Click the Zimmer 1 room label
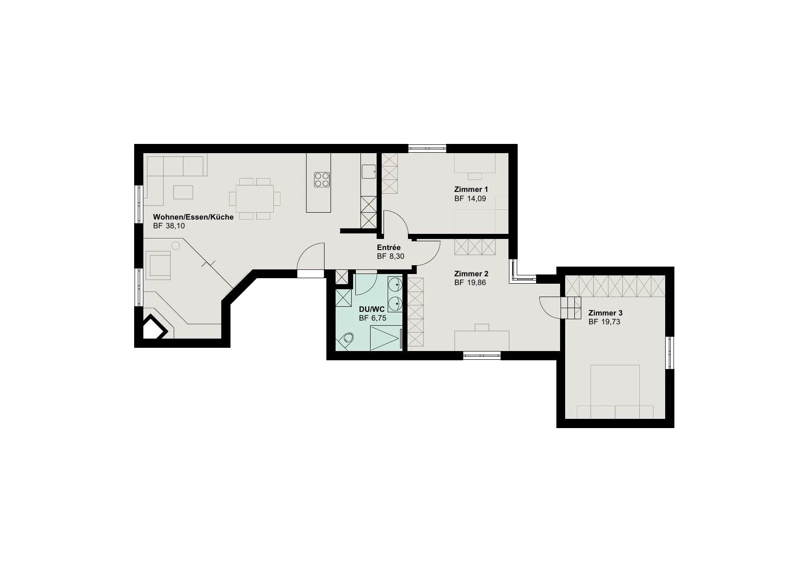(x=471, y=189)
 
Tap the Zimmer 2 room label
(x=471, y=274)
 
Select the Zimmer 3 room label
(x=605, y=313)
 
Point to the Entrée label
(x=389, y=247)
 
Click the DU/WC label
(x=372, y=309)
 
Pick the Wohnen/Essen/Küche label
(x=193, y=217)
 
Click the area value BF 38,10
(x=169, y=226)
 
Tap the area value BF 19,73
(x=604, y=322)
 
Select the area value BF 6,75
(x=372, y=318)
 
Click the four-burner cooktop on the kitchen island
(x=322, y=179)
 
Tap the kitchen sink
(x=368, y=172)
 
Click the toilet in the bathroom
(x=346, y=340)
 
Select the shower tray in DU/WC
(x=386, y=338)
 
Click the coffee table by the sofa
(x=183, y=192)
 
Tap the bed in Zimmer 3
(x=615, y=392)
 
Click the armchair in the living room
(x=158, y=265)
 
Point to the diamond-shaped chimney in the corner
(x=154, y=328)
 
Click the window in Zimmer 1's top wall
(x=427, y=149)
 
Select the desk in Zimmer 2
(x=482, y=340)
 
